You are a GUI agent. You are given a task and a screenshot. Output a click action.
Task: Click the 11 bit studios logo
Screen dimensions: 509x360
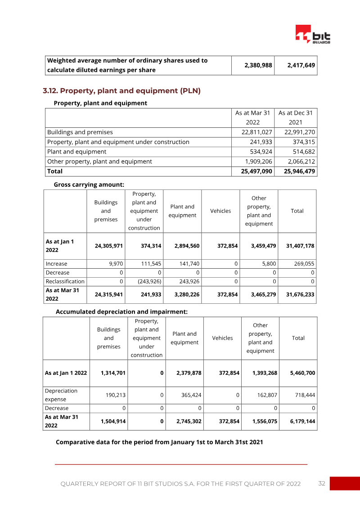point(312,34)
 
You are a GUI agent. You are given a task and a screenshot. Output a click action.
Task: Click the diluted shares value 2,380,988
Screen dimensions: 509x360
point(258,65)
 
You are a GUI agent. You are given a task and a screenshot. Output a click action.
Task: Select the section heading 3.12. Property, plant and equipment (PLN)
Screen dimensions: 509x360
point(121,91)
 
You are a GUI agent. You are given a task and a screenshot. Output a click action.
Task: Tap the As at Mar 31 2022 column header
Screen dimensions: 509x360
point(252,117)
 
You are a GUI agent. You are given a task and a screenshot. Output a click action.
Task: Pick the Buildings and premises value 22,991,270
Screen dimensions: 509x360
point(300,132)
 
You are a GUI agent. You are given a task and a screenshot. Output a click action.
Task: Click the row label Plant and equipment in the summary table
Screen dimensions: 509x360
point(77,152)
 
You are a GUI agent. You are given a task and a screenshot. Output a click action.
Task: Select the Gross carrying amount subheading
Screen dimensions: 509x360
point(89,185)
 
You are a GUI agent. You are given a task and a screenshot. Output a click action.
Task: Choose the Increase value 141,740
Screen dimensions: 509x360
point(189,264)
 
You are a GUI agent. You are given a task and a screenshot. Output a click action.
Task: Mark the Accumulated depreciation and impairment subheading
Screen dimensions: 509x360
point(121,311)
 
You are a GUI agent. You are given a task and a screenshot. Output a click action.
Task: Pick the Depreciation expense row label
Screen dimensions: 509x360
point(61,395)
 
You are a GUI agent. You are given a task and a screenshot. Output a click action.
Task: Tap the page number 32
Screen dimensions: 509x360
point(321,483)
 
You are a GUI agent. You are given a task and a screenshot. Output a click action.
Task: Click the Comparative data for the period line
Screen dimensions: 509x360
point(159,442)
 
